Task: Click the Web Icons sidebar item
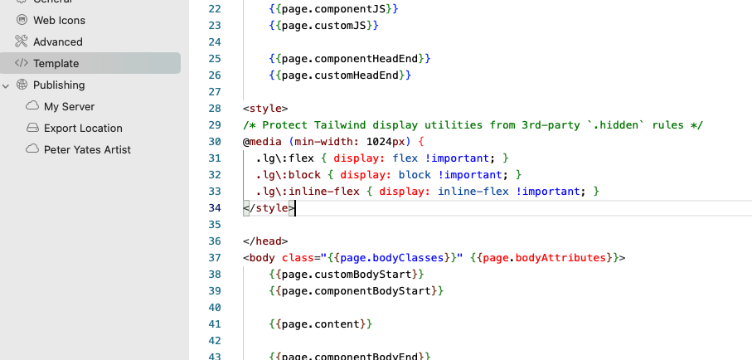[x=59, y=20]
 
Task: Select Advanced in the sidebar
[x=57, y=41]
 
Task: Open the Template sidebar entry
[x=56, y=63]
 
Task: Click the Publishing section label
[x=59, y=85]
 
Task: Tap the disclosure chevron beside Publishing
[x=6, y=86]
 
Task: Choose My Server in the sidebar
[x=69, y=106]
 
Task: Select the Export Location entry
[x=83, y=129]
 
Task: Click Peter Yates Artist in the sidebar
[x=87, y=150]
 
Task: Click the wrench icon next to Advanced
[x=21, y=41]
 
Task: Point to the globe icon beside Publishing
[x=22, y=85]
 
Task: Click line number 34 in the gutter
[x=215, y=208]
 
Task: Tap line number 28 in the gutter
[x=215, y=109]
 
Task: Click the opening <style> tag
[x=265, y=109]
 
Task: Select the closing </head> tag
[x=265, y=241]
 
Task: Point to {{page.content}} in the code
[x=321, y=324]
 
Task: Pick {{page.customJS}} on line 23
[x=324, y=26]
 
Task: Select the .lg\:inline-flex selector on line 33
[x=308, y=192]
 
